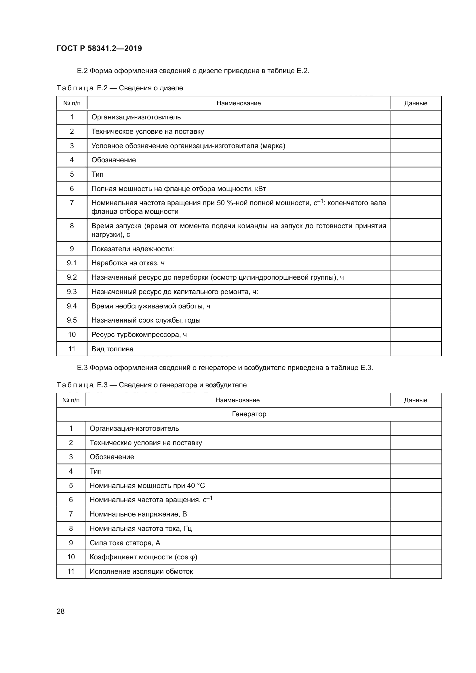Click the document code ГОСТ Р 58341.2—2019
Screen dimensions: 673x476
[99, 48]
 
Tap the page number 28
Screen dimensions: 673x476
[60, 611]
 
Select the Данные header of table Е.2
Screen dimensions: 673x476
[416, 103]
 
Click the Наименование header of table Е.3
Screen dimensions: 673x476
[237, 400]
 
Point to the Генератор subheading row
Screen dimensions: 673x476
[249, 414]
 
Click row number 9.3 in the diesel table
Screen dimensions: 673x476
[72, 292]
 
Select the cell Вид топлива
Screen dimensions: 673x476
[112, 349]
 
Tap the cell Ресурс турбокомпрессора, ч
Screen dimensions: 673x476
[139, 334]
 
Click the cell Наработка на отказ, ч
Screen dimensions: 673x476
[128, 263]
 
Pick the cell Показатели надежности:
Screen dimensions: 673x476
[132, 249]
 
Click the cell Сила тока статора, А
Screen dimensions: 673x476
[125, 543]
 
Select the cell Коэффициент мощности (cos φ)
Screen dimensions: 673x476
[143, 557]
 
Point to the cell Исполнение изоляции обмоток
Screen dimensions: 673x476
[141, 571]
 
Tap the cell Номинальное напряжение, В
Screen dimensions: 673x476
[138, 514]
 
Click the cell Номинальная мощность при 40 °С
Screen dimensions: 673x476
[147, 486]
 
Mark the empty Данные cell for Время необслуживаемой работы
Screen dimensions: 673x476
[416, 306]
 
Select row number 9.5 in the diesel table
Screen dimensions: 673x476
[72, 320]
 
